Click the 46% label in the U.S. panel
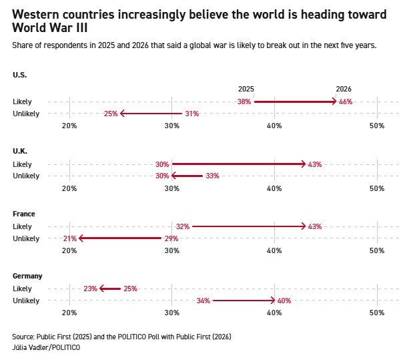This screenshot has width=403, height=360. (346, 102)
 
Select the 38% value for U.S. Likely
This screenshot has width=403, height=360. (244, 102)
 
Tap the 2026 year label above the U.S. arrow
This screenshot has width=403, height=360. (344, 89)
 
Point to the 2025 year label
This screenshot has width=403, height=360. (246, 89)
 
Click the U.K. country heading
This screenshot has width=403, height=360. (20, 152)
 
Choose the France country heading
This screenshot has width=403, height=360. (24, 214)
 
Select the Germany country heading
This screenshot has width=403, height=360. (27, 276)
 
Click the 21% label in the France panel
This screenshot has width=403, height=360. (70, 238)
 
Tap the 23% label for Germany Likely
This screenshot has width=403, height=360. (91, 289)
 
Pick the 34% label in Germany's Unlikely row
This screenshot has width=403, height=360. (204, 301)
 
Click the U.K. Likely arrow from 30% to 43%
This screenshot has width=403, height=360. (239, 164)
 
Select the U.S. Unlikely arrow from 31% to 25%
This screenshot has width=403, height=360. (151, 114)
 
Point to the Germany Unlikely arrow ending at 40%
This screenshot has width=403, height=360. (244, 301)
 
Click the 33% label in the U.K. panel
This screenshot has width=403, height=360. (212, 176)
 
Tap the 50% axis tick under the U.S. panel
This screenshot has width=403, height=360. (376, 126)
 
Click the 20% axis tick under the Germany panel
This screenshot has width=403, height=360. (69, 313)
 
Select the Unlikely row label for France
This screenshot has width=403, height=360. (26, 238)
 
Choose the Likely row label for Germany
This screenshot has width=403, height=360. (22, 289)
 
